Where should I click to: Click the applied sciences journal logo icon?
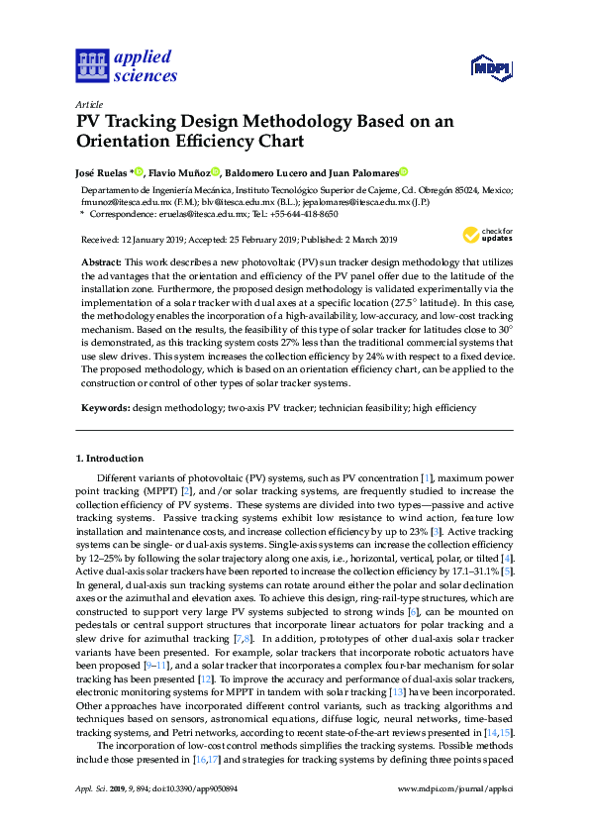90,65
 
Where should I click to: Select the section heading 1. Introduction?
110,459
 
